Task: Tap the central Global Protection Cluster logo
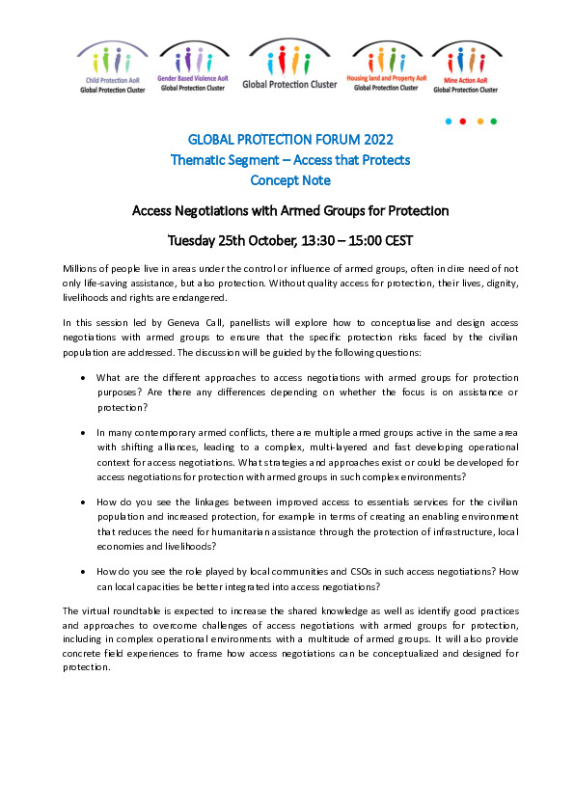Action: point(289,65)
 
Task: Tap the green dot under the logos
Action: point(494,122)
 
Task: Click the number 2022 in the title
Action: point(371,140)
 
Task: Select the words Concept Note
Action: point(289,180)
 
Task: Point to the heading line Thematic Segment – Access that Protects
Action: point(289,160)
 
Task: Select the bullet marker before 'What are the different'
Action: point(85,379)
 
